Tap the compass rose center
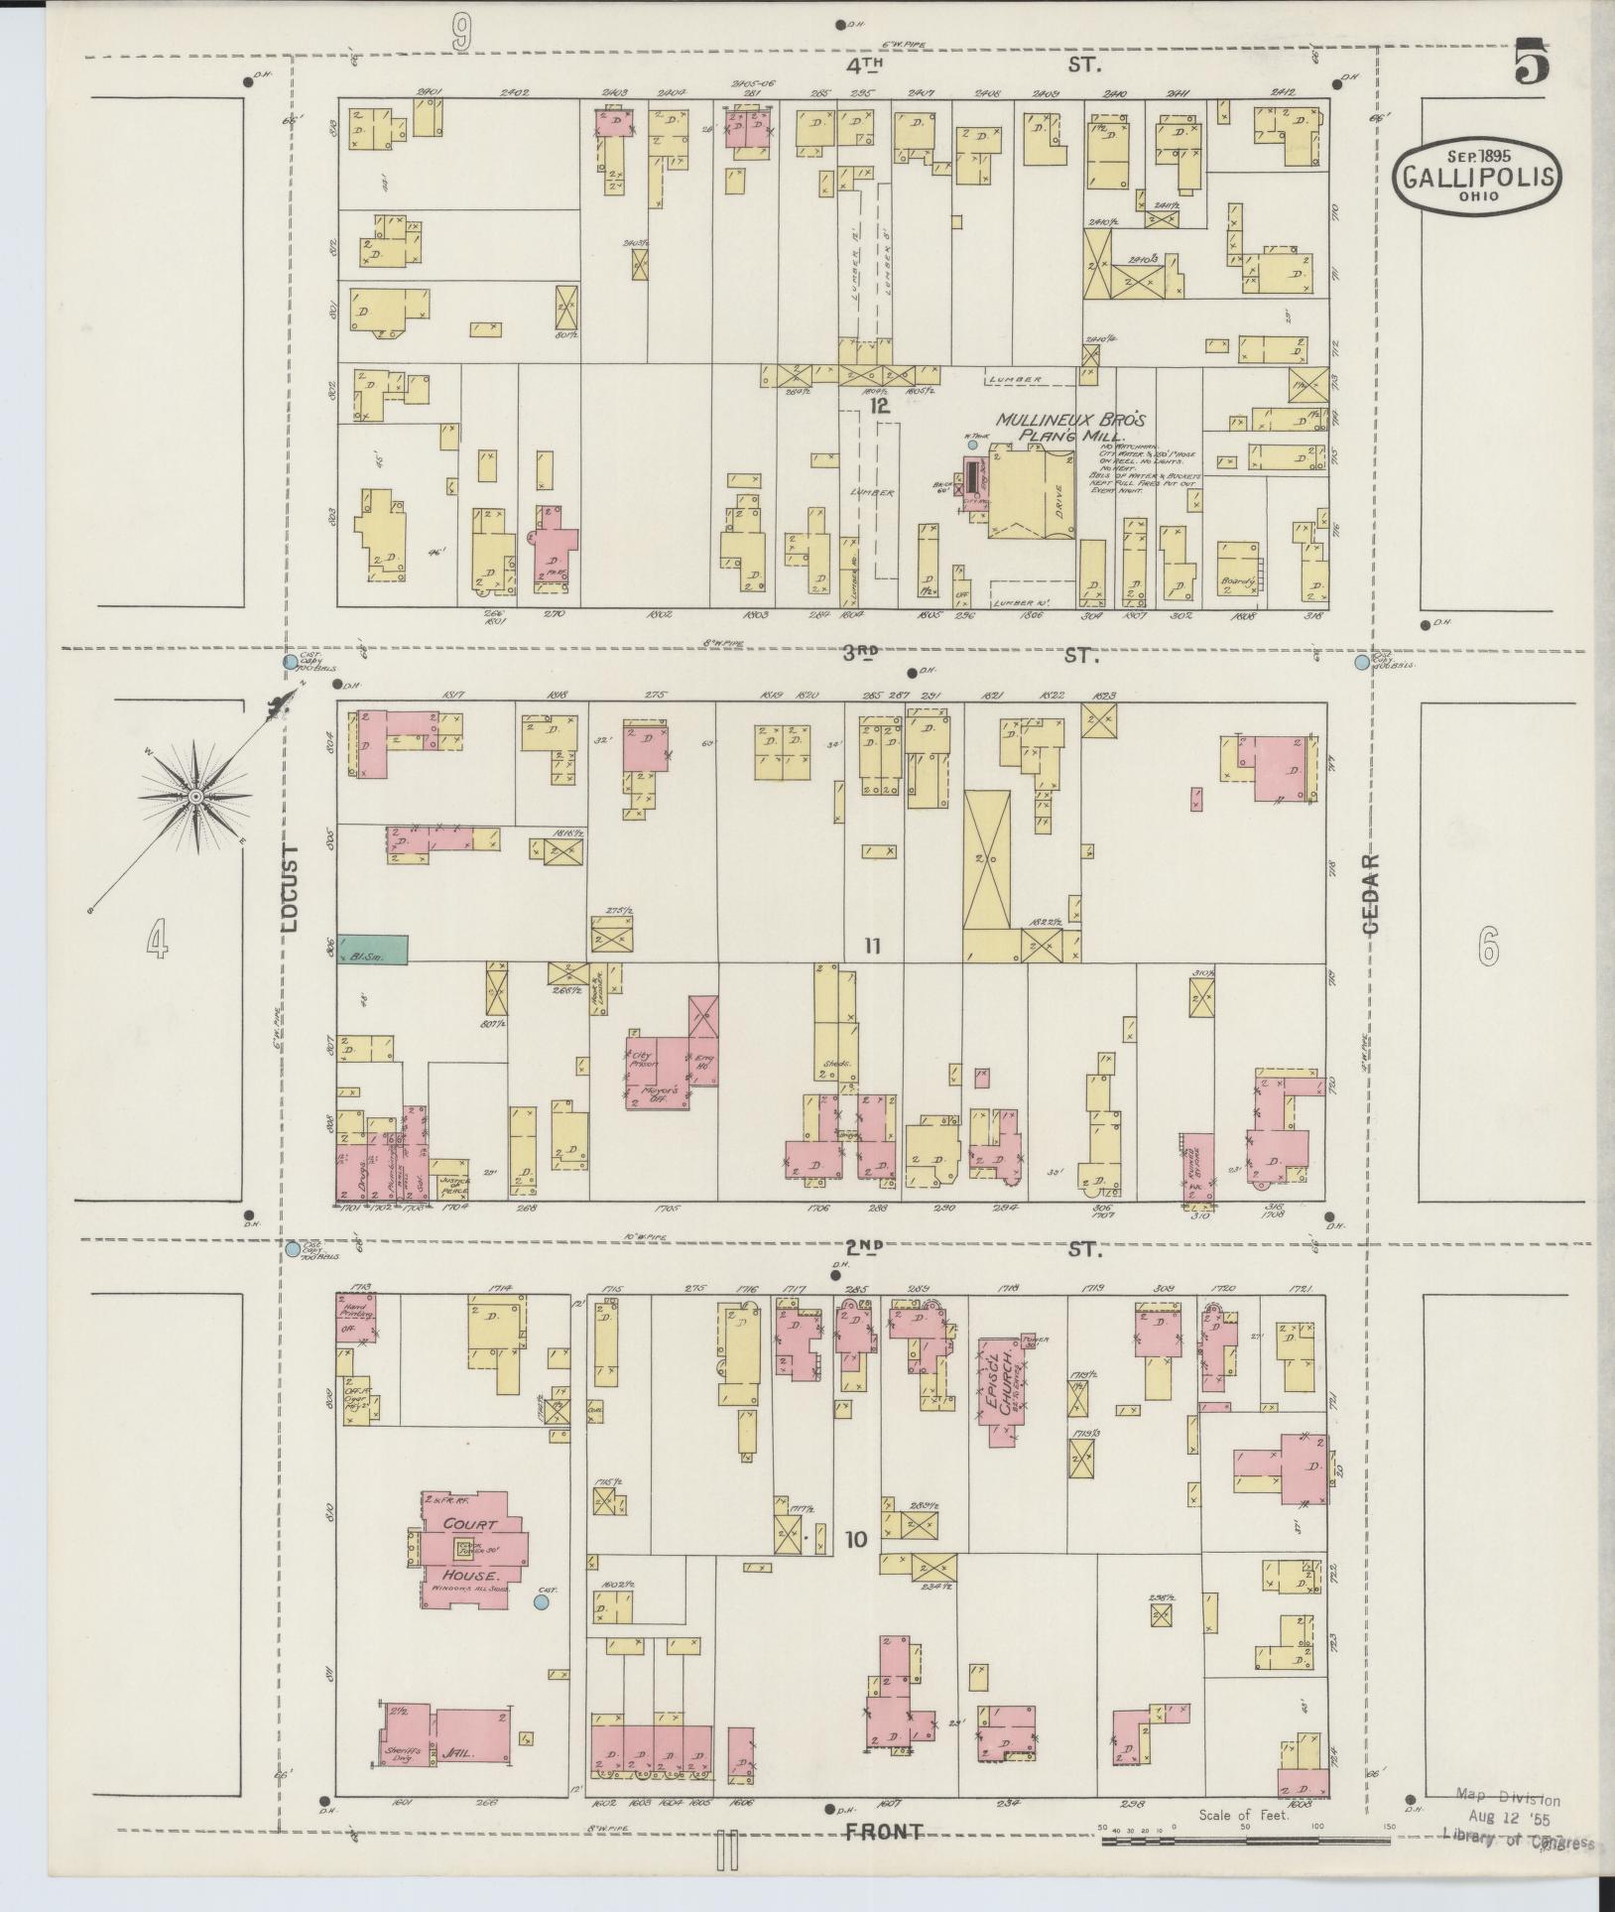point(195,797)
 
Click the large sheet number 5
point(1531,64)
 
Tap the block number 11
point(872,946)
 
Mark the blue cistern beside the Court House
point(542,1628)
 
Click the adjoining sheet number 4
point(157,939)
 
